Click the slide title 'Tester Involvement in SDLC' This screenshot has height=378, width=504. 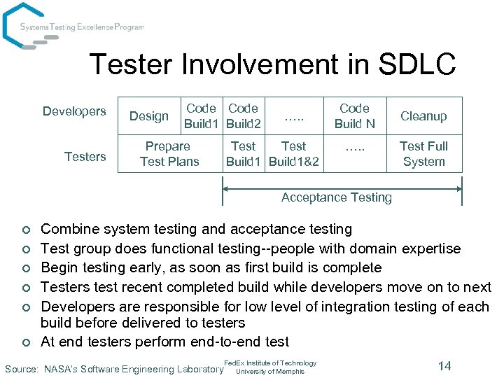[272, 65]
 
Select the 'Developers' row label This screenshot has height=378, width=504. [74, 111]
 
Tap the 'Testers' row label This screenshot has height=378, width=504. [85, 157]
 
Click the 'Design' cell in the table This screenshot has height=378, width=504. [149, 116]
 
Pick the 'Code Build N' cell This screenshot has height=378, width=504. [354, 116]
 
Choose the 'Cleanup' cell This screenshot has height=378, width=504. [423, 116]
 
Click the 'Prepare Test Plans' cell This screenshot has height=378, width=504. [169, 154]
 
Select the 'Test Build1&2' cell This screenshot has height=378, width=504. [293, 154]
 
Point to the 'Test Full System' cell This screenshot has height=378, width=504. [423, 154]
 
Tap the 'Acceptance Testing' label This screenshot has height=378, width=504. [337, 197]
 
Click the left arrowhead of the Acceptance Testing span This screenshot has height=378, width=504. [226, 187]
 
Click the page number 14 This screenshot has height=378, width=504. [444, 365]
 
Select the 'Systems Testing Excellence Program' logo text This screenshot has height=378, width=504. [82, 27]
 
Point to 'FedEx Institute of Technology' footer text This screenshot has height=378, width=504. [270, 363]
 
